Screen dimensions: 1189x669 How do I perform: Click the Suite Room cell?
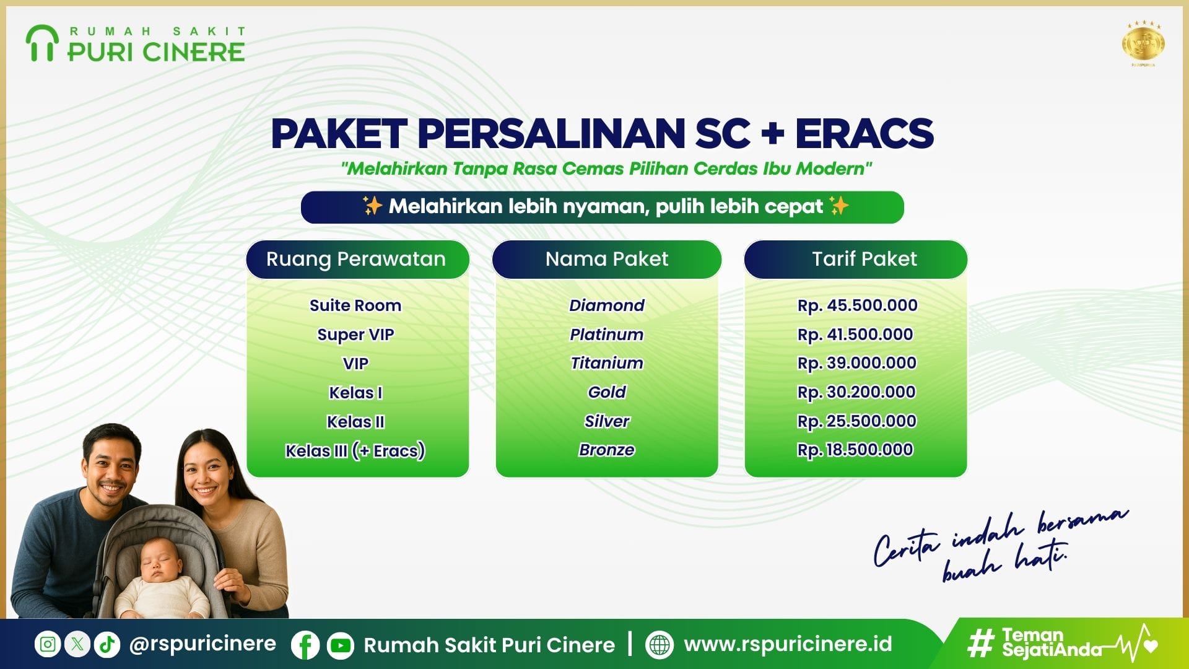coord(355,305)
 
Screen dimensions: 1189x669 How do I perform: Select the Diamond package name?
coord(607,305)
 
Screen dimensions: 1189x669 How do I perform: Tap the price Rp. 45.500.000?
coord(857,305)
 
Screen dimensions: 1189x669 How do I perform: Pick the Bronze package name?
coord(607,450)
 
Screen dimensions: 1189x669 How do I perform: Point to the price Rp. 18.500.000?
coord(855,450)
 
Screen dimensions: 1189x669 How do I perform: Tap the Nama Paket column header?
coord(607,259)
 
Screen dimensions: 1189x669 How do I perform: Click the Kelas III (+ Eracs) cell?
coord(355,450)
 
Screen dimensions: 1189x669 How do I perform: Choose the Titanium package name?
coord(607,363)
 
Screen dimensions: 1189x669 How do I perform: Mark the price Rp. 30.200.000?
coord(857,392)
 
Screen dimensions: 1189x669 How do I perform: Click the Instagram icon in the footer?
coord(48,644)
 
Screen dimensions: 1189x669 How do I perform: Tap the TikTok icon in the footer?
coord(107,644)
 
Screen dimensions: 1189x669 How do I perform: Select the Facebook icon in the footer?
coord(305,645)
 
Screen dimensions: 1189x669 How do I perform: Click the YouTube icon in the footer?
coord(340,645)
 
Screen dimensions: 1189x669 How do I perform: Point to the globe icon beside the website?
coord(660,645)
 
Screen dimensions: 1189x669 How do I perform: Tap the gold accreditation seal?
coord(1143,43)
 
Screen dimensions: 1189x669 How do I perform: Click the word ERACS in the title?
coord(865,133)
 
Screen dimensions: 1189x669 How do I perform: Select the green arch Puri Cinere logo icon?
coord(41,43)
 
